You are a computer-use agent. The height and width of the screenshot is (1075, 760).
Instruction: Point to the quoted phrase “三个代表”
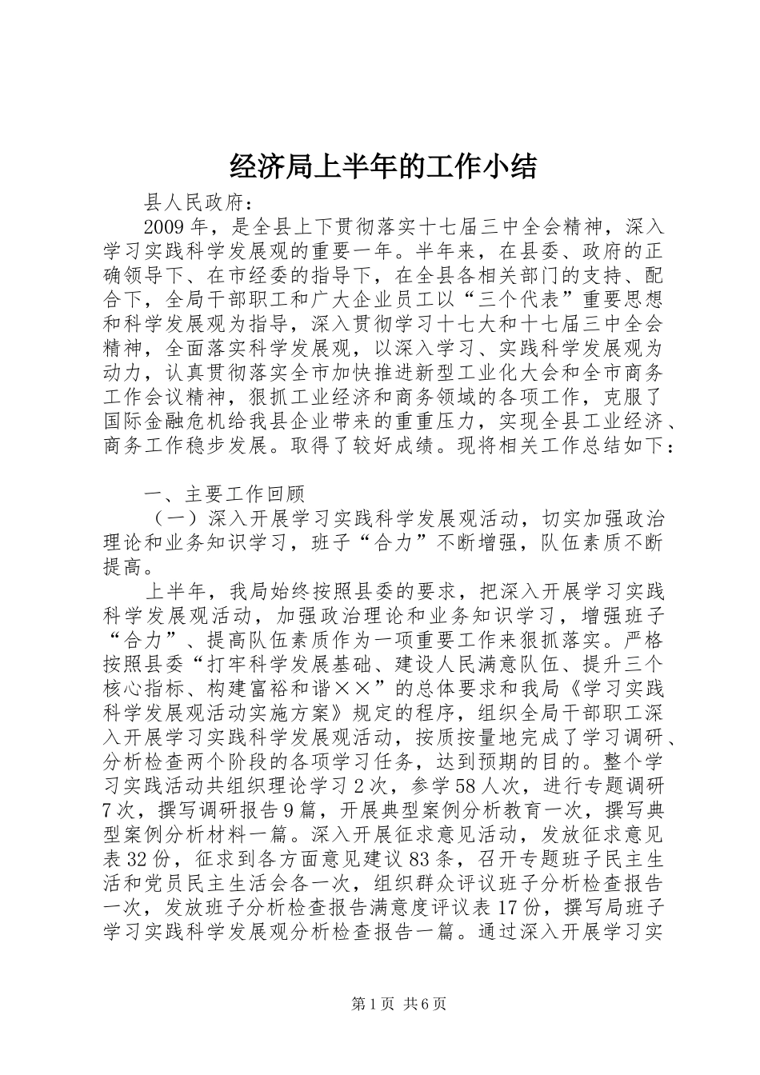point(418,300)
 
